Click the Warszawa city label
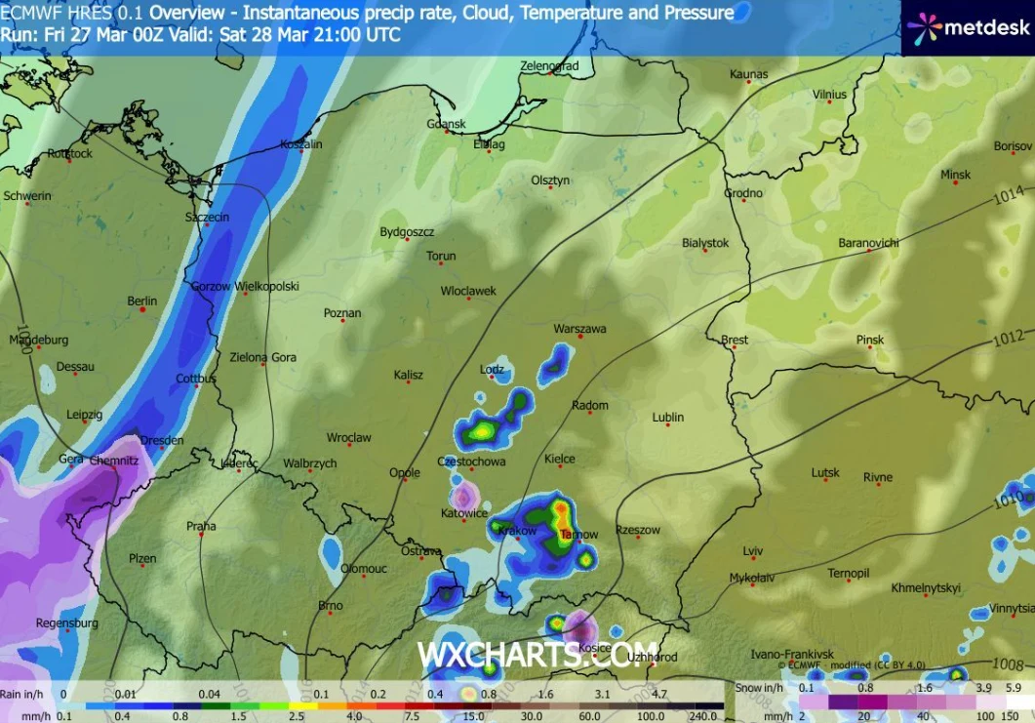pyautogui.click(x=579, y=330)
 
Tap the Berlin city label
pyautogui.click(x=142, y=301)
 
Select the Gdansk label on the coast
pyautogui.click(x=447, y=124)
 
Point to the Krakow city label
pyautogui.click(x=517, y=531)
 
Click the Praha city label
pyautogui.click(x=201, y=527)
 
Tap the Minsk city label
pyautogui.click(x=956, y=175)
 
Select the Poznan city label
pyautogui.click(x=342, y=313)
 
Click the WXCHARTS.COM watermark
pyautogui.click(x=537, y=655)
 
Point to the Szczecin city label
pyautogui.click(x=208, y=218)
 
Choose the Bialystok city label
pyautogui.click(x=705, y=243)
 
